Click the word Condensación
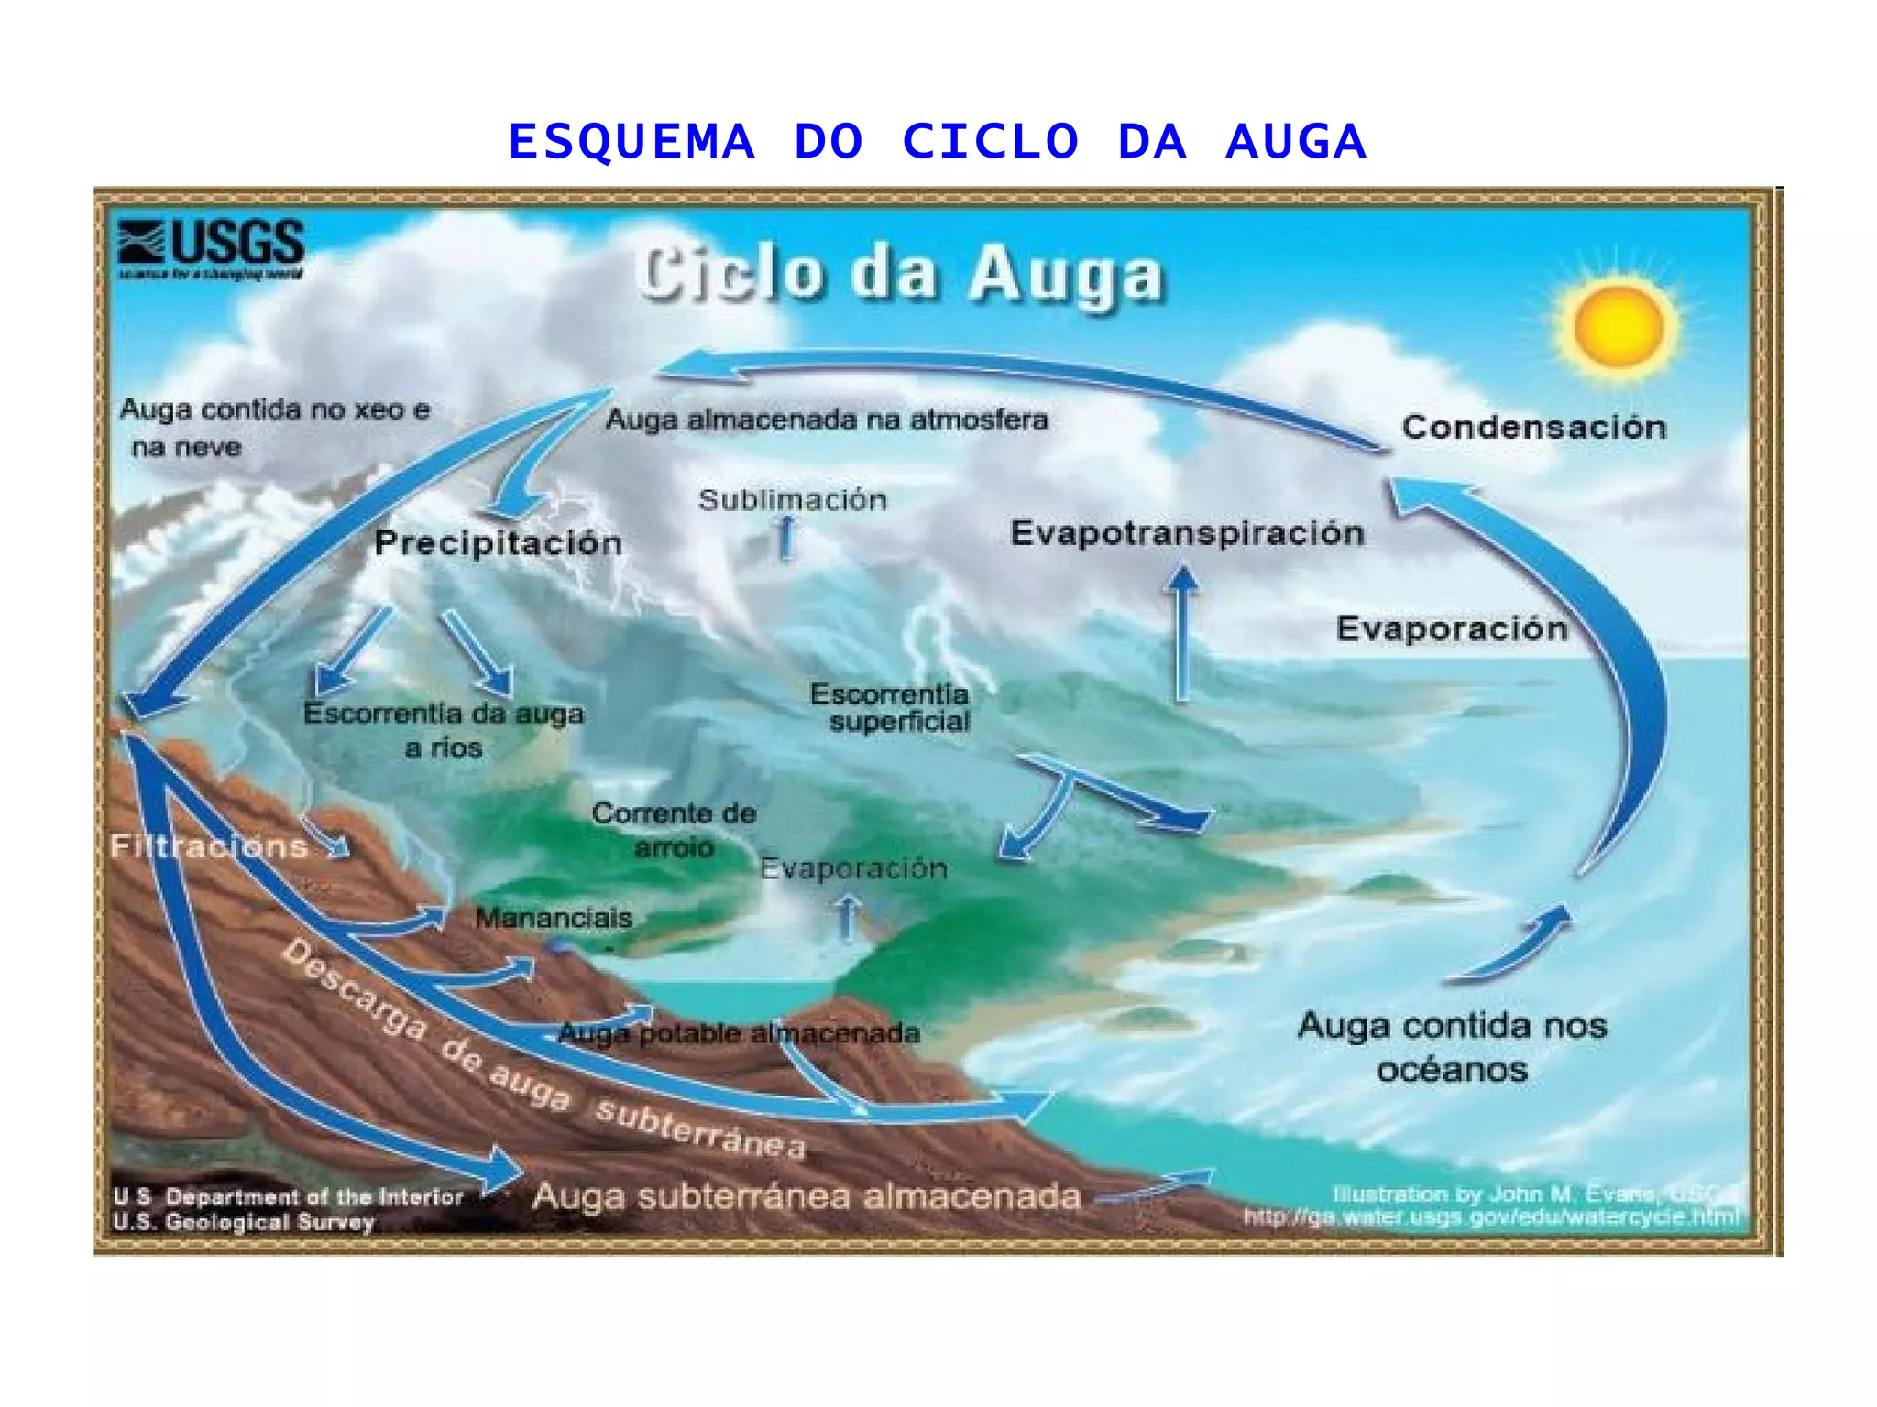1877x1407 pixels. [x=1533, y=427]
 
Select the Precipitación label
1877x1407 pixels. [x=498, y=542]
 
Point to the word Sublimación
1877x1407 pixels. [x=793, y=500]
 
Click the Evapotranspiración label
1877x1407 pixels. [x=1187, y=533]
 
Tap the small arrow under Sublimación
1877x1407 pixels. [x=785, y=537]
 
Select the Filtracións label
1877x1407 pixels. [x=209, y=845]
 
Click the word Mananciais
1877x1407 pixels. [x=554, y=918]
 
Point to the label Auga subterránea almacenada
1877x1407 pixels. [x=807, y=1196]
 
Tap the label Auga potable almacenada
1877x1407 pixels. [x=739, y=1033]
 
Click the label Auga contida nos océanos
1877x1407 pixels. [x=1452, y=1047]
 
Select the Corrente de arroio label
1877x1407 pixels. [x=675, y=830]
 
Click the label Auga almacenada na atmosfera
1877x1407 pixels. [x=826, y=420]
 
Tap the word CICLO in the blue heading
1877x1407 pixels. [x=991, y=143]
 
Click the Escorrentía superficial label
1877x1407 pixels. [x=890, y=707]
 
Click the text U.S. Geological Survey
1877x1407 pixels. [x=244, y=1222]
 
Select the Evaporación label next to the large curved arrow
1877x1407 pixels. [x=1452, y=628]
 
